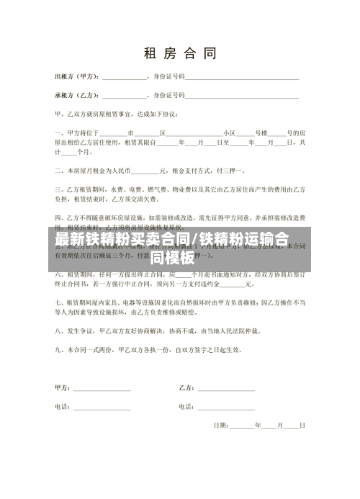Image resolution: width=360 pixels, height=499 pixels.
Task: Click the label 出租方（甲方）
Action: point(77,76)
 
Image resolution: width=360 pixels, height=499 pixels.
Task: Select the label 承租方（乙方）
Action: point(77,94)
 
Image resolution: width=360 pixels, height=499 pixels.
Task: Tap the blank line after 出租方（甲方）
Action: point(125,76)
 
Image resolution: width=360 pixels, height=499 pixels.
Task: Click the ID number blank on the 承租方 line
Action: point(243,95)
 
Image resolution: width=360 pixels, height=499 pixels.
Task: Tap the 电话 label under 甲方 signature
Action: point(62,407)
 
